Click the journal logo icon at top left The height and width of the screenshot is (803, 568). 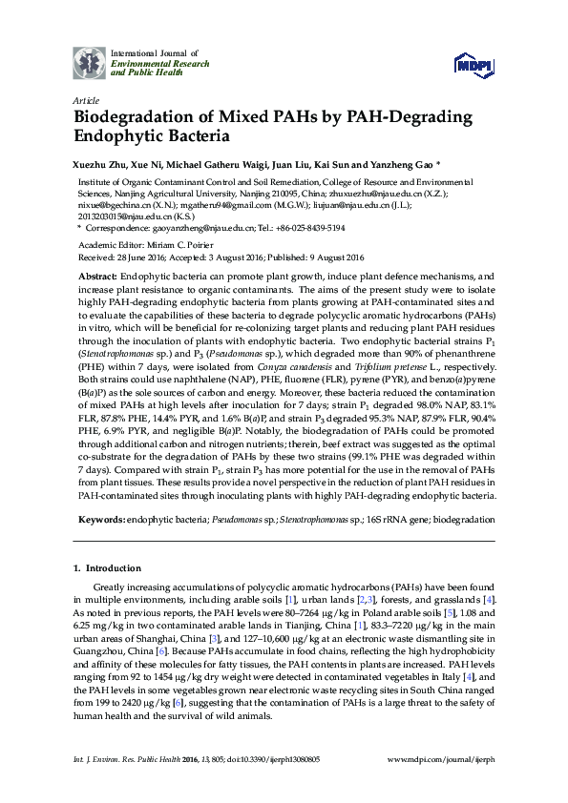click(x=90, y=63)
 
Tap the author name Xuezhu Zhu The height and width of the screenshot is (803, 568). click(x=100, y=163)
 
